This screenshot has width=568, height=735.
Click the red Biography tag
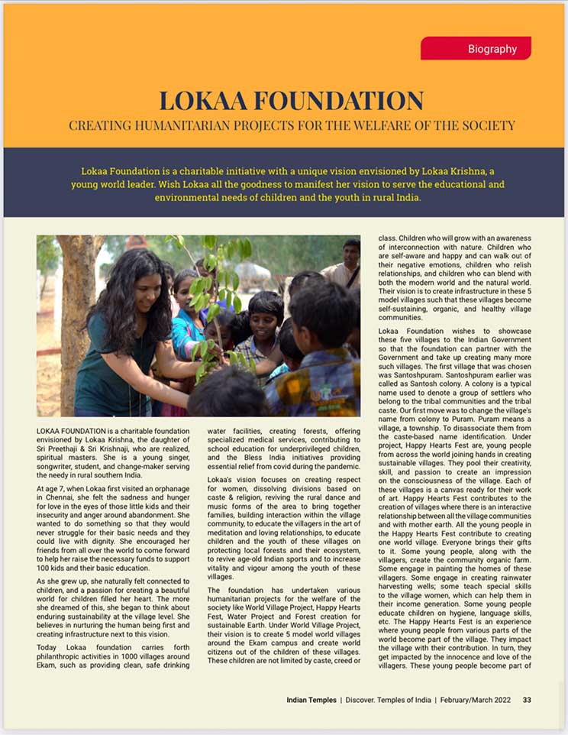click(476, 49)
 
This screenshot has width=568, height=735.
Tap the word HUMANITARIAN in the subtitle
click(178, 125)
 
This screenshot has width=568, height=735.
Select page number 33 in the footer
click(527, 700)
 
